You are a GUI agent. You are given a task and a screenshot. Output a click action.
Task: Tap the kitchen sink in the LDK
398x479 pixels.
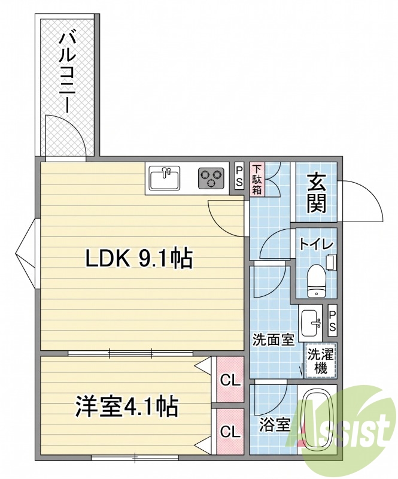(165, 178)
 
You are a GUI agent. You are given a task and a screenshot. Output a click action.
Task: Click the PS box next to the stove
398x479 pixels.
(239, 177)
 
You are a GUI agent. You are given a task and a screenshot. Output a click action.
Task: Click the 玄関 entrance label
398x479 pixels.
(316, 193)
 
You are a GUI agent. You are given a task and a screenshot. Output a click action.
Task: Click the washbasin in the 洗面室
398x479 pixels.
(311, 323)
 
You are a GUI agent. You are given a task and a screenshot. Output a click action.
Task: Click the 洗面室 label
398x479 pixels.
(273, 339)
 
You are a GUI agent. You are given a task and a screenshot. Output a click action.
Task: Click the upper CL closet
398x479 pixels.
(230, 380)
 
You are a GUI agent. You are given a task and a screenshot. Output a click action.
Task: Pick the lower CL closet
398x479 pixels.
(230, 431)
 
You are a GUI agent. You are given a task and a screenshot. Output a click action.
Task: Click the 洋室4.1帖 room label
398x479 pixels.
(127, 407)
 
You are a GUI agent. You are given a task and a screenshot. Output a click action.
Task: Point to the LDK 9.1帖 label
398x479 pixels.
(139, 259)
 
